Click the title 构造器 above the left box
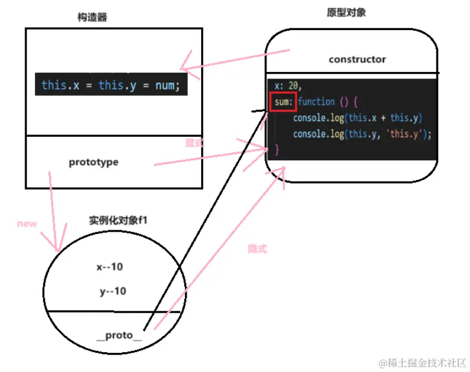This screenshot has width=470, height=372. [x=93, y=17]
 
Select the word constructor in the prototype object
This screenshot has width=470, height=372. [x=357, y=59]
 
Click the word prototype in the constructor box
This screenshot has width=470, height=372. [x=94, y=162]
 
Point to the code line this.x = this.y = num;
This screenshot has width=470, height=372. [x=110, y=85]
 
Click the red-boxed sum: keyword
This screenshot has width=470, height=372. [x=282, y=102]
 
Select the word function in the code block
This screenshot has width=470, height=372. [x=316, y=102]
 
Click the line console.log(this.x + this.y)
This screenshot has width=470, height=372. [x=358, y=118]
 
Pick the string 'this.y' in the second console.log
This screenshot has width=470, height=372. [x=409, y=134]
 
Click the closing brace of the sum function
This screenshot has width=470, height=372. [x=277, y=149]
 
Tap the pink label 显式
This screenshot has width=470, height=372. [x=195, y=143]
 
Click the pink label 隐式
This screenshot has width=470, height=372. [x=257, y=248]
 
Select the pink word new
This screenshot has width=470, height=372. [x=27, y=224]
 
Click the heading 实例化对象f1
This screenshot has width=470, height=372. [x=118, y=220]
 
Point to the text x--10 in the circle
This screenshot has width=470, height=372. [x=110, y=267]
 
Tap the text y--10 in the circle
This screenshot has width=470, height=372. [x=113, y=292]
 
